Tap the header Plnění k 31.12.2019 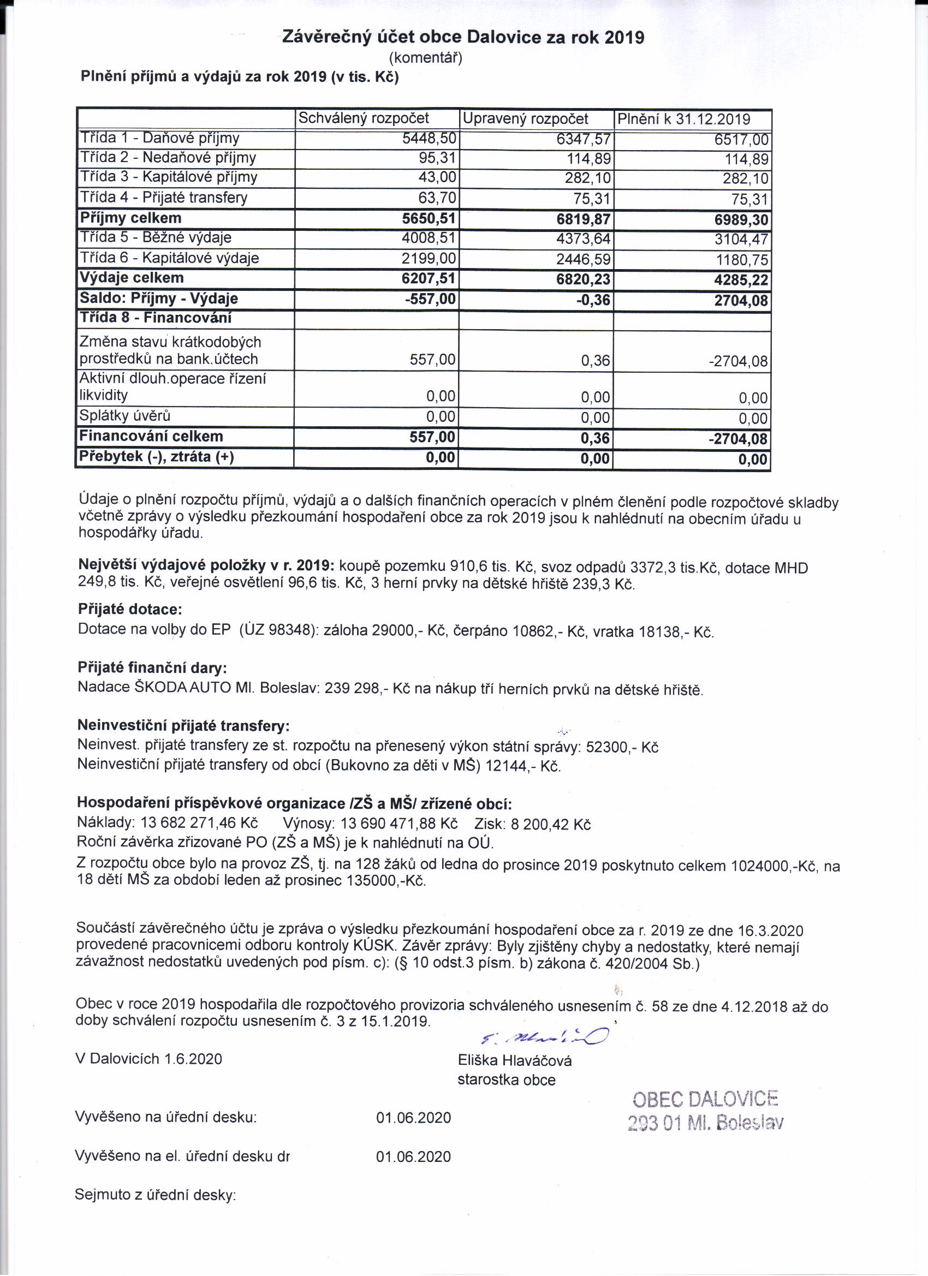[684, 120]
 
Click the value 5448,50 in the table [429, 139]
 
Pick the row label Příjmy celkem [130, 218]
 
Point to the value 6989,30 [741, 220]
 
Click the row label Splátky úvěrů [125, 416]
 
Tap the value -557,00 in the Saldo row [430, 299]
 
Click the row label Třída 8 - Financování [156, 318]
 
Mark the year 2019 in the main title [624, 38]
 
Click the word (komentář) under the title [425, 57]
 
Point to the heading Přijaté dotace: [130, 609]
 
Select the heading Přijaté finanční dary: [152, 668]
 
